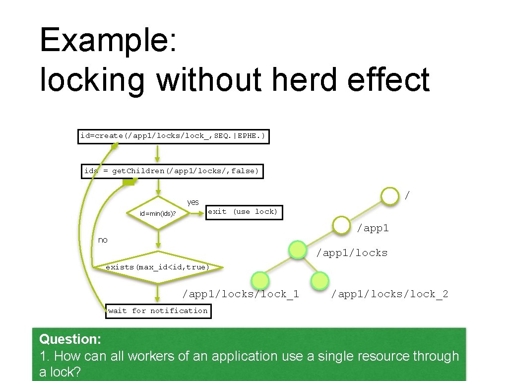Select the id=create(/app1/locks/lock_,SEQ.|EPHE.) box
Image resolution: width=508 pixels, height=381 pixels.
[x=174, y=136]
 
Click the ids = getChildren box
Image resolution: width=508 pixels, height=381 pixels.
[x=172, y=171]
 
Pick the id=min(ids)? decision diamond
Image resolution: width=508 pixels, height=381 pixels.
[x=158, y=213]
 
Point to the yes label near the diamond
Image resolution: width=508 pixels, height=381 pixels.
[x=193, y=202]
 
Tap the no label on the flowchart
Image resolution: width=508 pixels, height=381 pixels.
[x=103, y=240]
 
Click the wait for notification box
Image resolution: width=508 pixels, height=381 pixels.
[x=158, y=311]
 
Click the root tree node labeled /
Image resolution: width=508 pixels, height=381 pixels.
[x=390, y=195]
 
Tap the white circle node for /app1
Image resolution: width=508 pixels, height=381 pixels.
[x=341, y=225]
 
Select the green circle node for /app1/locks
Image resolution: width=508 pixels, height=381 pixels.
[x=298, y=250]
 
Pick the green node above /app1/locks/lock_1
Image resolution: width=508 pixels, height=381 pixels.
[x=260, y=281]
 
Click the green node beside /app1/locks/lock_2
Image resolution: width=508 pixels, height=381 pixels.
[x=319, y=281]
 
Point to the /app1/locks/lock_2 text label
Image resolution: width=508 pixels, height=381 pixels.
[x=389, y=294]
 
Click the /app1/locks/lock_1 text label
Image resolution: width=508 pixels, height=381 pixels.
[x=241, y=294]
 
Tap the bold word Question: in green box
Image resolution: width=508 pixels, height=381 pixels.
[x=70, y=339]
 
